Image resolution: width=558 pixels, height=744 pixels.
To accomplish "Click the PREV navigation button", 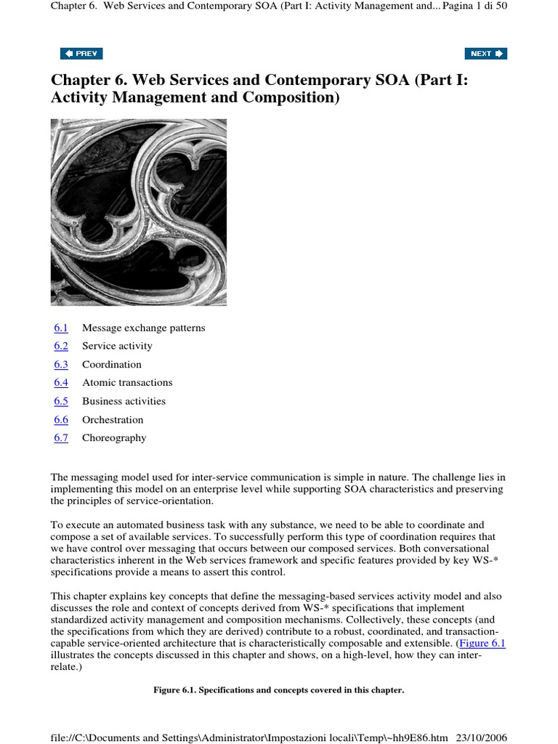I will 81,53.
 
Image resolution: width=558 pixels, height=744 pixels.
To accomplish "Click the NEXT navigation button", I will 485,53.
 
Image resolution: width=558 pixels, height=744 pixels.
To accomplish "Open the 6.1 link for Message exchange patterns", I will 61,328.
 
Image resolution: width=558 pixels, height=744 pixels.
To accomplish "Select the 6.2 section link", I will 61,346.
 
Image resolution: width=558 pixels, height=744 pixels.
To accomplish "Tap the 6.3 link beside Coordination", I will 61,364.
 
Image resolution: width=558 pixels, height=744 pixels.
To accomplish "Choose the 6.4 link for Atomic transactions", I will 61,382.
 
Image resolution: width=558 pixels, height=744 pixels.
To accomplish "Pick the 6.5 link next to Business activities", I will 61,401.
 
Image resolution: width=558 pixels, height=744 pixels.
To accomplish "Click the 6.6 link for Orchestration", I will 61,419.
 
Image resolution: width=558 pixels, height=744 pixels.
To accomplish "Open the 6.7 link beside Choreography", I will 61,437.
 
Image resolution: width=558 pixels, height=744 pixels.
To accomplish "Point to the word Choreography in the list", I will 114,437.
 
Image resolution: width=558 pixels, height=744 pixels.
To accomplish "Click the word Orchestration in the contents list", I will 113,419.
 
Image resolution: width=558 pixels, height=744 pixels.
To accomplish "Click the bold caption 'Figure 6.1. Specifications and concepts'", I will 278,690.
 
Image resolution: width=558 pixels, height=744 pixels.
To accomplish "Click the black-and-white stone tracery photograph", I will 138,211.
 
